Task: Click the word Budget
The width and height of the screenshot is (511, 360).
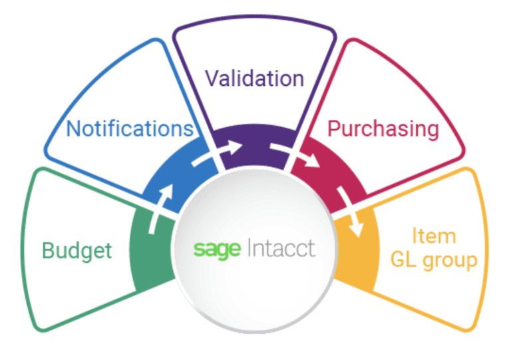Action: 77,251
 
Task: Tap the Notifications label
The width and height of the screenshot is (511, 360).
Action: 130,128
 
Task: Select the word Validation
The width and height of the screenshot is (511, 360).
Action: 254,79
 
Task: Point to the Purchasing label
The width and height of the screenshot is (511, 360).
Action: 382,128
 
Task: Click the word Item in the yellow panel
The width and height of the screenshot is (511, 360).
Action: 433,236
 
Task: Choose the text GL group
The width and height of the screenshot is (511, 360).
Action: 434,260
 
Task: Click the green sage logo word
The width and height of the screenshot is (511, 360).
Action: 218,249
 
